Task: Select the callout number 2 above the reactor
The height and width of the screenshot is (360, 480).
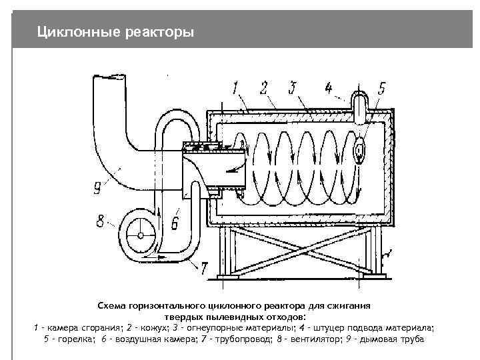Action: click(x=264, y=87)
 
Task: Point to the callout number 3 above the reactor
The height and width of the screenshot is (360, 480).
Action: click(x=293, y=87)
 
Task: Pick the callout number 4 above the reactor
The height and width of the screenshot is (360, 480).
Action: click(x=328, y=87)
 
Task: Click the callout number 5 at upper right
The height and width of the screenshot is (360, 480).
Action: click(x=382, y=87)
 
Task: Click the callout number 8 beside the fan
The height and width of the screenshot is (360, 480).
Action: click(x=101, y=221)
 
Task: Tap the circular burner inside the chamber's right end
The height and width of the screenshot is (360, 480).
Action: click(x=361, y=151)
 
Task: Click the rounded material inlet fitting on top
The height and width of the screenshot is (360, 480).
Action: click(x=360, y=106)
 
